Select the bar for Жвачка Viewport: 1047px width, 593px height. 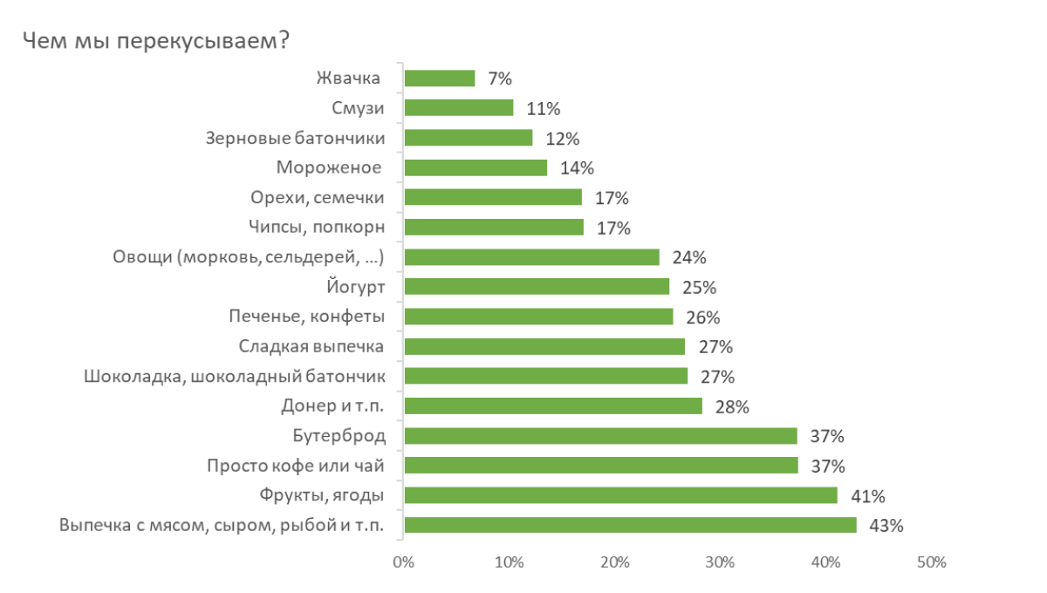[x=441, y=78]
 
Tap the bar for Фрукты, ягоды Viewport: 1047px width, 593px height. [x=621, y=495]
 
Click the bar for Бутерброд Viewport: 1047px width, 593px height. [x=601, y=436]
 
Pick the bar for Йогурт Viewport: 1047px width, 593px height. [x=537, y=287]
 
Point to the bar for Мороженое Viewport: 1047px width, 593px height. [x=476, y=167]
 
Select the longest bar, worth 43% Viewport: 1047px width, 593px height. [x=631, y=525]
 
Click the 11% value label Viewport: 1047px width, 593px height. [x=544, y=109]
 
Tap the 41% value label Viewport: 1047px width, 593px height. [x=868, y=496]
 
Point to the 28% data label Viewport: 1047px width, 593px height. [x=733, y=406]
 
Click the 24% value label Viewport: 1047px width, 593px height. [x=689, y=257]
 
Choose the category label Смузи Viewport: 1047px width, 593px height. [x=358, y=108]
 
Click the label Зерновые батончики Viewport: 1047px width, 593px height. [x=295, y=138]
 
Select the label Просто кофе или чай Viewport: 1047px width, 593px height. [x=295, y=466]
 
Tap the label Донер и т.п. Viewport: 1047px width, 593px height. [x=332, y=406]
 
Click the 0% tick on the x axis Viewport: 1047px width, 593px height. [x=403, y=562]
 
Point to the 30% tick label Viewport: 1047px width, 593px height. [x=721, y=562]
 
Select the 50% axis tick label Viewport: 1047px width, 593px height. [x=932, y=562]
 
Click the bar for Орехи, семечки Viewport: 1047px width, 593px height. [x=494, y=197]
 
